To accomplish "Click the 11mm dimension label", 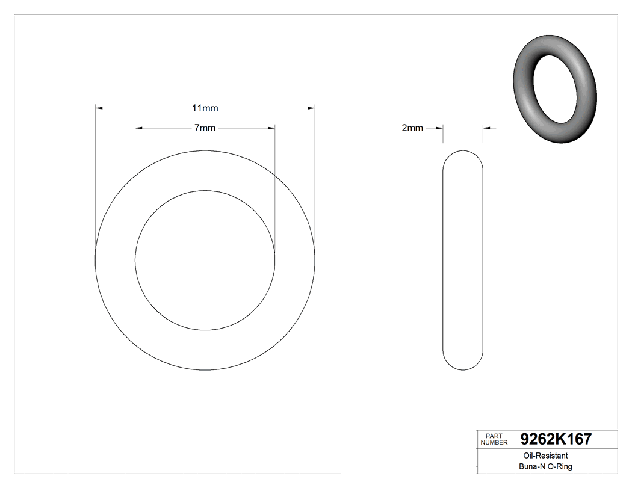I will tap(205, 108).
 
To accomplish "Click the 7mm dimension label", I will tap(205, 128).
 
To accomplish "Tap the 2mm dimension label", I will tap(412, 128).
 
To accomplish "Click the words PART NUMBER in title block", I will tap(494, 439).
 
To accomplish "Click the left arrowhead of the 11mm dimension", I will tap(100, 108).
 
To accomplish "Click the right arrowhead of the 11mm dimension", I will tap(311, 108).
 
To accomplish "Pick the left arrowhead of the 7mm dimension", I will tap(139, 128).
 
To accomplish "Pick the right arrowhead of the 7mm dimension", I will tap(271, 128).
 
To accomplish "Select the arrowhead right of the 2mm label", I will tap(439, 128).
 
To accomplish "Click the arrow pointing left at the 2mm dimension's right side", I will tap(488, 128).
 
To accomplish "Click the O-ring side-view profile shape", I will tap(463, 260).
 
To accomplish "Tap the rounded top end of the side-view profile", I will tap(463, 154).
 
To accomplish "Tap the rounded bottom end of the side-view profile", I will tap(463, 366).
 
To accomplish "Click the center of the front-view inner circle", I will tap(205, 261).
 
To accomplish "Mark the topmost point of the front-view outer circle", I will tap(205, 150).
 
